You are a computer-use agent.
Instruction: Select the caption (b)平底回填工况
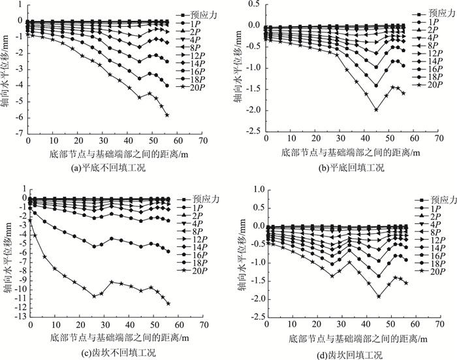pyautogui.click(x=347, y=168)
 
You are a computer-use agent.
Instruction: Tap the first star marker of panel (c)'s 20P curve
pyautogui.click(x=29, y=220)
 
